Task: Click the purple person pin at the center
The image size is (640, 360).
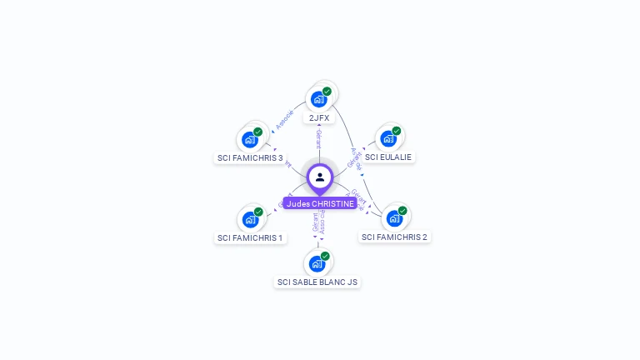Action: pyautogui.click(x=320, y=177)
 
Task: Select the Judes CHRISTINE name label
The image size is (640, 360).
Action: pyautogui.click(x=320, y=203)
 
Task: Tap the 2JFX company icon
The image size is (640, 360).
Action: pyautogui.click(x=318, y=99)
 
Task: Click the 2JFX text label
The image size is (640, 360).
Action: pyautogui.click(x=319, y=118)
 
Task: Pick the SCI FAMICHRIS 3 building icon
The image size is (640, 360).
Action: pyautogui.click(x=249, y=139)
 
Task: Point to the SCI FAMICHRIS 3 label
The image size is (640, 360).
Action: pyautogui.click(x=250, y=157)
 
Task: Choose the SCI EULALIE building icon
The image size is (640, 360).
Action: pyautogui.click(x=387, y=138)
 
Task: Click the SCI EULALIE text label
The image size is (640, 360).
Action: pyautogui.click(x=388, y=157)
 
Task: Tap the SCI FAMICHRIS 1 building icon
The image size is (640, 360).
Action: pyautogui.click(x=250, y=219)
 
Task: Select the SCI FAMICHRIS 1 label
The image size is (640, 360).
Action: pyautogui.click(x=250, y=237)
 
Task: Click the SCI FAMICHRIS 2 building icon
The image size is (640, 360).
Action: pyautogui.click(x=393, y=218)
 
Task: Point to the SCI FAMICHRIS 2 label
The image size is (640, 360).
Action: pyautogui.click(x=395, y=237)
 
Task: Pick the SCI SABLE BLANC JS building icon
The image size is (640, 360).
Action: pyautogui.click(x=317, y=263)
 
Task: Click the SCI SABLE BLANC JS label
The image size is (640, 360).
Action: pyautogui.click(x=317, y=282)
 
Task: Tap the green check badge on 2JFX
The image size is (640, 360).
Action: pyautogui.click(x=327, y=92)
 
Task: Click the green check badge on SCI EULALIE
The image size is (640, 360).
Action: pyautogui.click(x=397, y=131)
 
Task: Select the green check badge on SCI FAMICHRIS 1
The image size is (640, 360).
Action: pyautogui.click(x=258, y=212)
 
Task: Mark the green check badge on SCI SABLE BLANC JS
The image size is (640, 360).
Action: pyautogui.click(x=325, y=256)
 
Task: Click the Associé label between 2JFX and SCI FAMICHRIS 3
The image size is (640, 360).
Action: pyautogui.click(x=284, y=119)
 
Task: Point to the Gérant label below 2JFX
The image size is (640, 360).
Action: pyautogui.click(x=318, y=139)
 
